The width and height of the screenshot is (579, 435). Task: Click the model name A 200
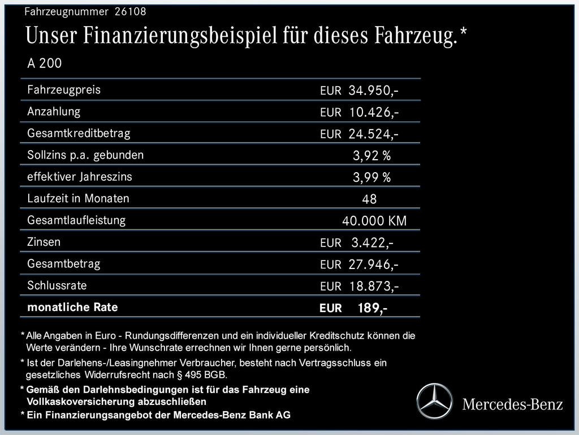[x=45, y=63]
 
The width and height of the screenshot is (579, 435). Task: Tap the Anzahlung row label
[x=54, y=112]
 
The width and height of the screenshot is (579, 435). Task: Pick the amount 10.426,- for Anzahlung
[x=374, y=113]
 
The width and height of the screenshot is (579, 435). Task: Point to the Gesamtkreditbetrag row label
[x=79, y=133]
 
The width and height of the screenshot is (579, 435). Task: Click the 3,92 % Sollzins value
[x=371, y=156]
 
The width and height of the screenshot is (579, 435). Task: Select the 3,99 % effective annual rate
[x=371, y=178]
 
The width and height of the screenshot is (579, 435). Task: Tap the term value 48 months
[x=369, y=199]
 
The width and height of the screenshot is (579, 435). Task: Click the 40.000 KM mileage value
[x=374, y=221]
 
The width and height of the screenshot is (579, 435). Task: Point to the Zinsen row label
[x=44, y=242]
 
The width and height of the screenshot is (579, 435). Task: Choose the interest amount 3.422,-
[x=372, y=243]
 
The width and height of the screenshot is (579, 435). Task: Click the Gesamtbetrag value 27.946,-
[x=374, y=265]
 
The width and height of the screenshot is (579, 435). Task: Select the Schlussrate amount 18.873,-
[x=374, y=286]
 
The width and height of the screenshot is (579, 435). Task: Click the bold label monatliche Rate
[x=72, y=308]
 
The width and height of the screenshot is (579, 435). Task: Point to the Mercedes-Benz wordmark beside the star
[x=512, y=404]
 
